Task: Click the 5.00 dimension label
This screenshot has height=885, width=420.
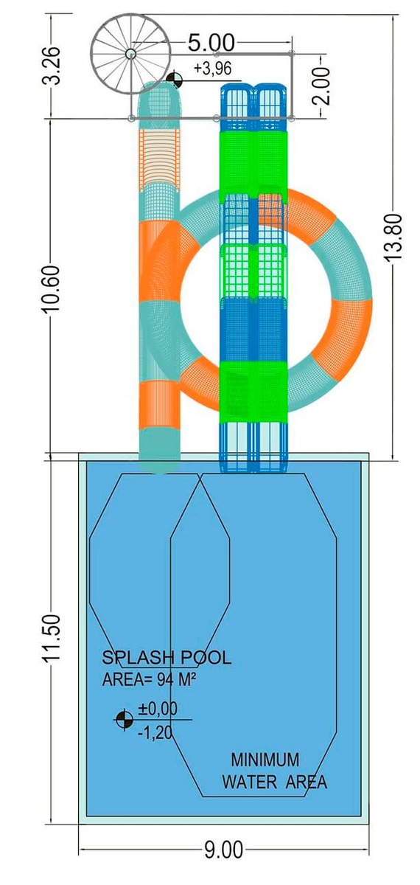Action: (211, 43)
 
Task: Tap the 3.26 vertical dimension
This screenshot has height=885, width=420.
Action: (52, 66)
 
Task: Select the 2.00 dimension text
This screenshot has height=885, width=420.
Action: (321, 86)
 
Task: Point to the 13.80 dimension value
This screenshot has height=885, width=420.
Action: (393, 237)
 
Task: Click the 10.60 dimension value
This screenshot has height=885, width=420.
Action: (52, 289)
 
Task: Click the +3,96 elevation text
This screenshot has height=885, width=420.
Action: (212, 69)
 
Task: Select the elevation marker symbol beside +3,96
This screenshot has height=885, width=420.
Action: (174, 80)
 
